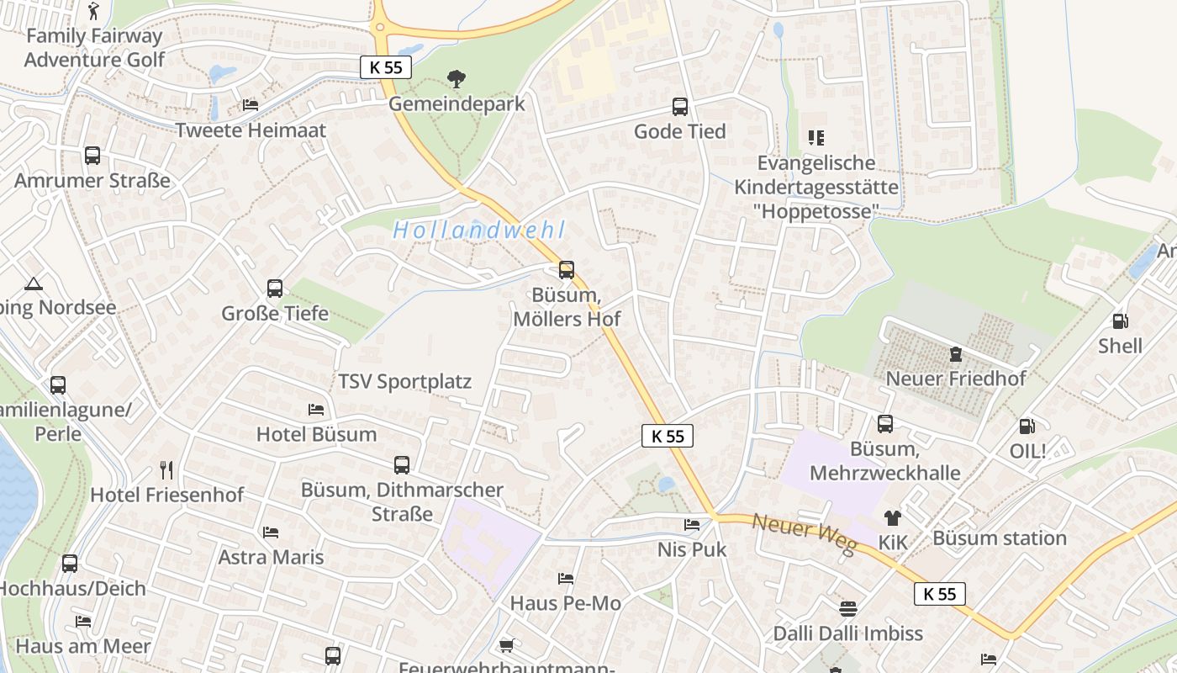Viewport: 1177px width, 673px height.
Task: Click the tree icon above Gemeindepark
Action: tap(457, 79)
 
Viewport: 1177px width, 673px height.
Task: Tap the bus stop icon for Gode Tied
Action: tap(680, 107)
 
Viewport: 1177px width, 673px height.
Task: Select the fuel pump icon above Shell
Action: tap(1120, 321)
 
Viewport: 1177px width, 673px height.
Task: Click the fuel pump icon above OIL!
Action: tap(1027, 427)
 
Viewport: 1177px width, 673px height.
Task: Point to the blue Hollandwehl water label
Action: tap(478, 230)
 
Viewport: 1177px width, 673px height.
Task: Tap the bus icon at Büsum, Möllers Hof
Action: tap(567, 270)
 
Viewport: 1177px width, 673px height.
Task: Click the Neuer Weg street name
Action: tap(803, 534)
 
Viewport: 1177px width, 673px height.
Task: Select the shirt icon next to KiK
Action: tap(892, 518)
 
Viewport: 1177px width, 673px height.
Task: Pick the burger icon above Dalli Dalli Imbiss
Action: tap(847, 608)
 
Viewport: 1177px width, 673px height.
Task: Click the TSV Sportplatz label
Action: tap(404, 382)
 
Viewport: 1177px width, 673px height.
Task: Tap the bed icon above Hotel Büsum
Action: tap(316, 410)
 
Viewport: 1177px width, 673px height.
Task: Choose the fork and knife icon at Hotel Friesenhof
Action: tap(166, 469)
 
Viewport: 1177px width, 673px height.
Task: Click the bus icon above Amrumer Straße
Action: tap(92, 156)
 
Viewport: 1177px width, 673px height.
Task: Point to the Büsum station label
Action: tap(999, 538)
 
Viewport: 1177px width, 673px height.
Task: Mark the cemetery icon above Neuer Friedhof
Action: tap(955, 354)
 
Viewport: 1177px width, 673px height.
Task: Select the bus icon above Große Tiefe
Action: tap(275, 289)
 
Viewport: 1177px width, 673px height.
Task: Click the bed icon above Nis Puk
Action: tap(692, 525)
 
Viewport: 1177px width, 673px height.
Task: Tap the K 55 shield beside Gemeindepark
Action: tap(385, 67)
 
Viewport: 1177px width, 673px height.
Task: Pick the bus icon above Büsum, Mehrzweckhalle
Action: tap(885, 424)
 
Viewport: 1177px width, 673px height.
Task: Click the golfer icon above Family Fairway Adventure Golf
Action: tap(93, 11)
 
